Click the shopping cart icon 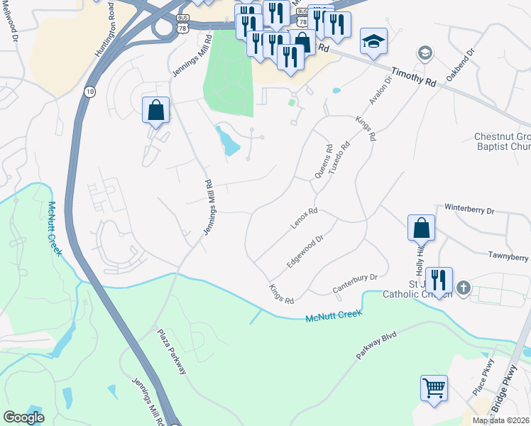pos(434,388)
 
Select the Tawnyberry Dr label pos(508,256)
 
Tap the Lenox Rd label pos(303,219)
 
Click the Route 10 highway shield pos(89,92)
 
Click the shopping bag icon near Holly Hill pos(421,229)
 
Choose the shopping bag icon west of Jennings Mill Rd pos(155,111)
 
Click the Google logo pos(23,417)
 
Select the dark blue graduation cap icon pos(373,41)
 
